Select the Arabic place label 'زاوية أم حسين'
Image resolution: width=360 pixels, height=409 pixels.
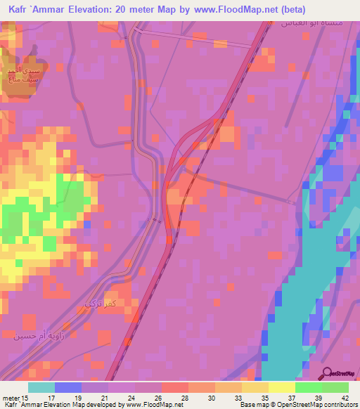click(x=43, y=335)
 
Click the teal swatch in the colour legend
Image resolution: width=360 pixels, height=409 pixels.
click(x=41, y=387)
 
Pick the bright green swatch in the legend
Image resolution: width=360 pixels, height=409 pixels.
click(x=309, y=387)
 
